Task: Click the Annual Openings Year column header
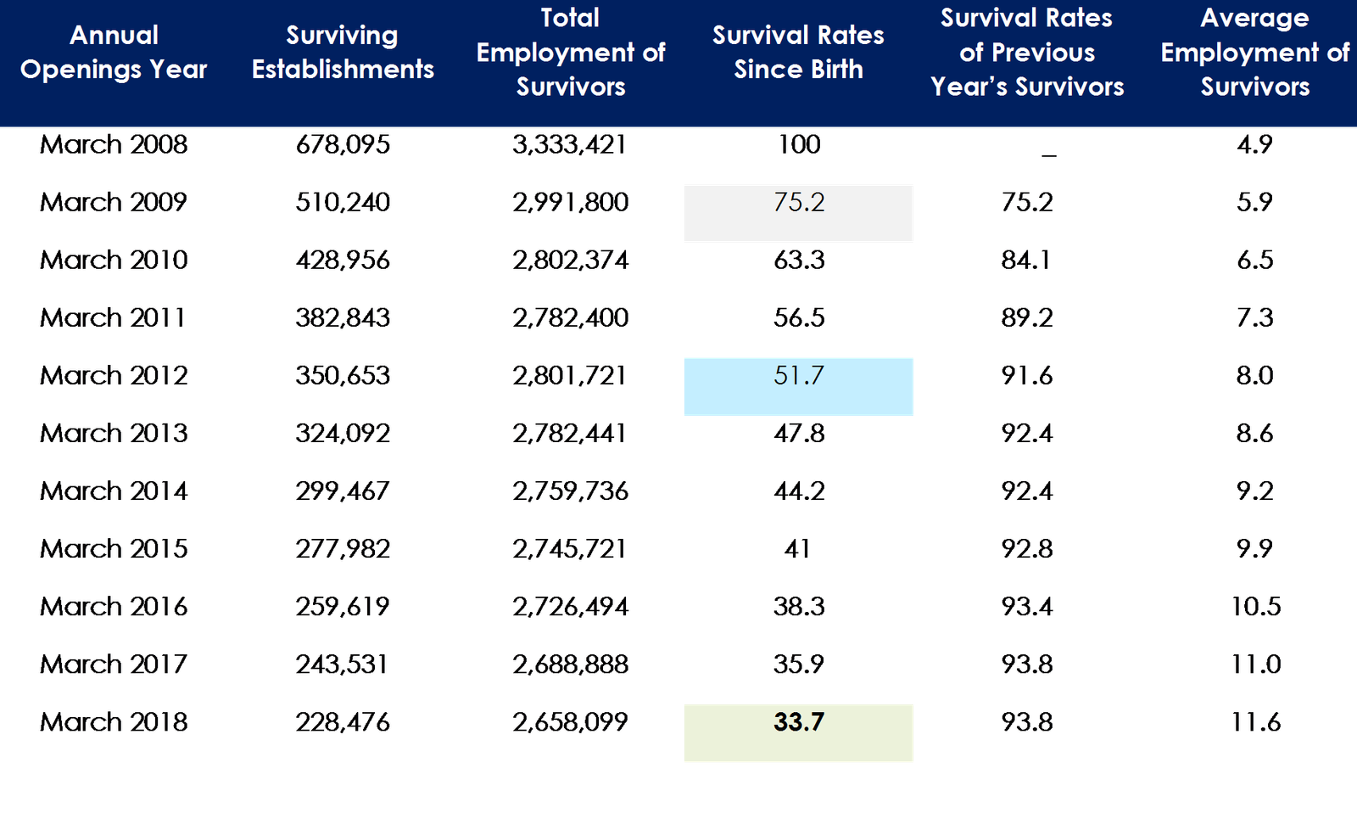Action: point(114,52)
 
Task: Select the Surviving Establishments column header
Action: point(342,52)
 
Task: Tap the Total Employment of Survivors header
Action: point(570,52)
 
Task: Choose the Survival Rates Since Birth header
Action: point(798,52)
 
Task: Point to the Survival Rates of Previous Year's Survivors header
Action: point(1026,52)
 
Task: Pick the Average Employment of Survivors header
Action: point(1254,52)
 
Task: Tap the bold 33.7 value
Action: point(799,722)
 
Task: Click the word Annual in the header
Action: point(114,35)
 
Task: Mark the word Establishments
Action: point(343,70)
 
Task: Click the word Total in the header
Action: point(570,18)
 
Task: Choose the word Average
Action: point(1254,18)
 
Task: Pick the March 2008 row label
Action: point(114,144)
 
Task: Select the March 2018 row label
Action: point(114,722)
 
